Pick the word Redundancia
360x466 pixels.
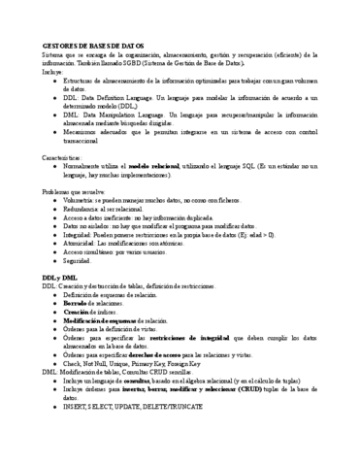coord(82,211)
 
